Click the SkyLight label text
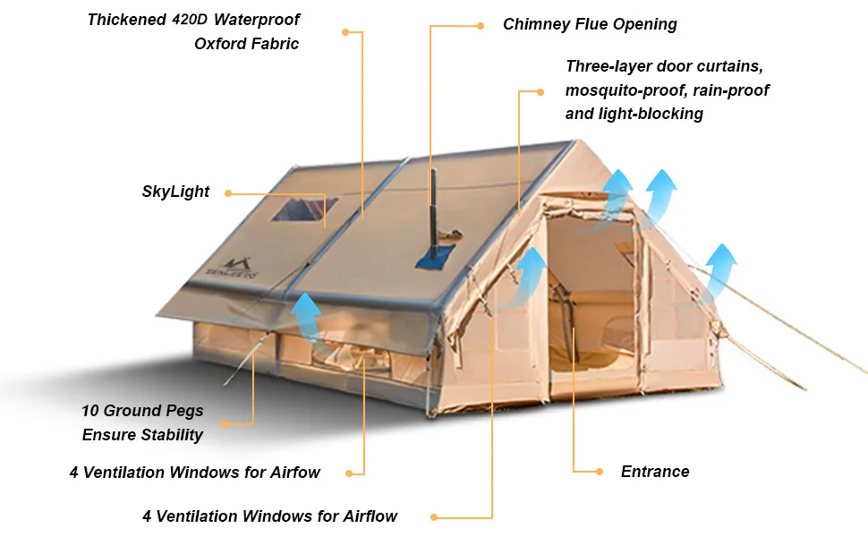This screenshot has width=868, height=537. (175, 192)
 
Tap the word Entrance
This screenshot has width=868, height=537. (655, 472)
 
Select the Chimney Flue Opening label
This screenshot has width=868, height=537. (590, 25)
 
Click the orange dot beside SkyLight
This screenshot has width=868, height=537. (228, 192)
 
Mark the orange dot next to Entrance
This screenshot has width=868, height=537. (600, 472)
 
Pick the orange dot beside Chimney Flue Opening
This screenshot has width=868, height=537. (481, 25)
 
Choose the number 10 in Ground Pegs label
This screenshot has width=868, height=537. (89, 412)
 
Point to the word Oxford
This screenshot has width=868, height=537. (220, 44)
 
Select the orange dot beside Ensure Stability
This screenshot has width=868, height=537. (224, 423)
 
